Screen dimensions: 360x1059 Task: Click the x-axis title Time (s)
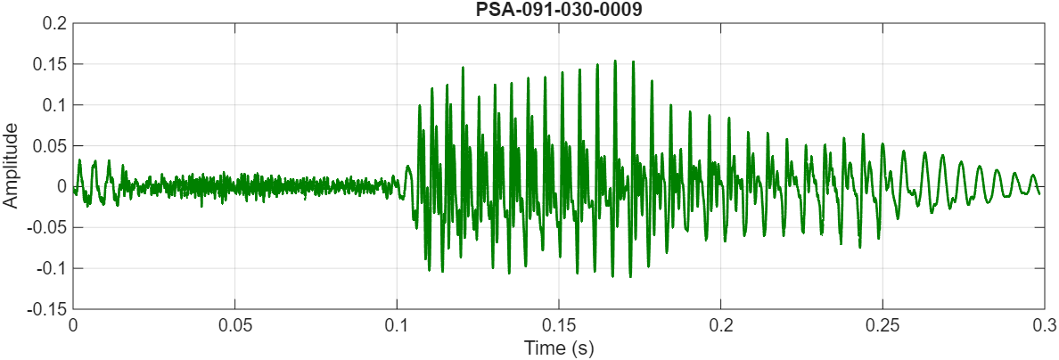tap(559, 348)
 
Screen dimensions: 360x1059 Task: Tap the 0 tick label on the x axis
tap(73, 325)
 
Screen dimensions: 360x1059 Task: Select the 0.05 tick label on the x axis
tap(234, 325)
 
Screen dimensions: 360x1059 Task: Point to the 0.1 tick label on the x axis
tap(397, 325)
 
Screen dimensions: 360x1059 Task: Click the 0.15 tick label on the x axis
tap(559, 325)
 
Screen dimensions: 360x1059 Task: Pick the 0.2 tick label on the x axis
tap(720, 325)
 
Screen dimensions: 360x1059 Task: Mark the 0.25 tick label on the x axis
tap(882, 325)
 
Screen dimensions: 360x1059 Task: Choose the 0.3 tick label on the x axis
tap(1044, 325)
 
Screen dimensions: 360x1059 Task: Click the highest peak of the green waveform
tap(615, 61)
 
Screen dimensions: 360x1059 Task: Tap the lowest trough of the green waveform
tap(629, 276)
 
